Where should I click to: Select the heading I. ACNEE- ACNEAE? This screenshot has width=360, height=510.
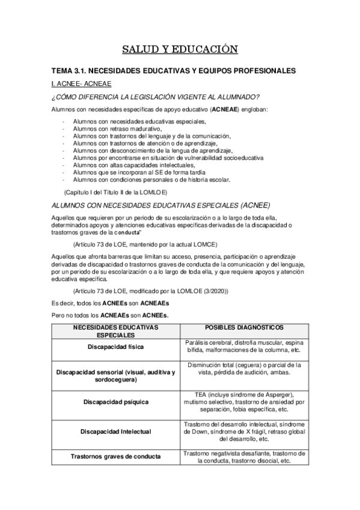pyautogui.click(x=80, y=83)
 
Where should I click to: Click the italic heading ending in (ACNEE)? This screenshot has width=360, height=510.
pyautogui.click(x=162, y=204)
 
